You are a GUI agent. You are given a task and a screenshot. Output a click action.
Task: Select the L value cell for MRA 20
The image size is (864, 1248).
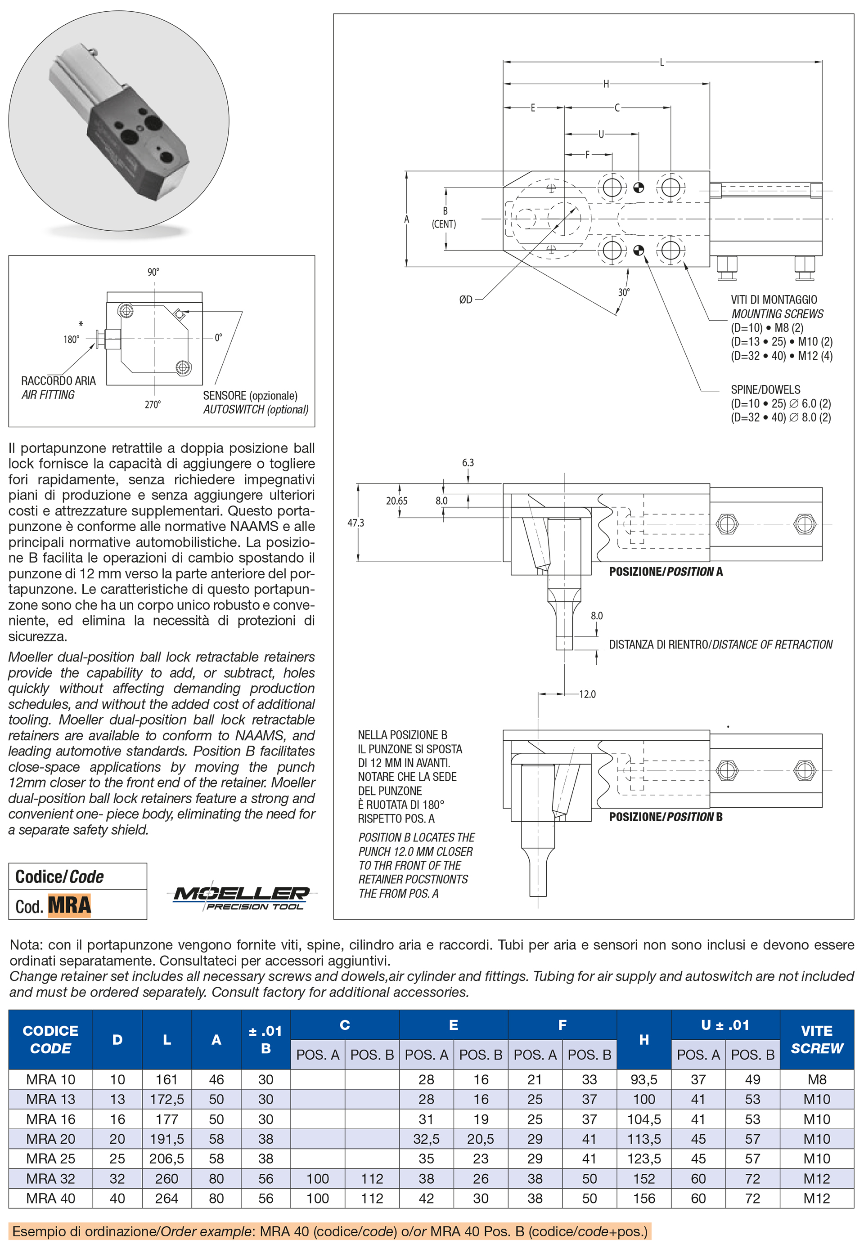167,1139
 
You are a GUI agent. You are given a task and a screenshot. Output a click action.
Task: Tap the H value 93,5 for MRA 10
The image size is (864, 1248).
643,1079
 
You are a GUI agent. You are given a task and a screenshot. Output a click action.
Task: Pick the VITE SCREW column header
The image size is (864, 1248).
816,1039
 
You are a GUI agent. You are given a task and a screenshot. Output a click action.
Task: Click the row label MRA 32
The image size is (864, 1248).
50,1178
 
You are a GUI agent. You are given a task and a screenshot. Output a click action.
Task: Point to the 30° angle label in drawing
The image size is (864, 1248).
624,292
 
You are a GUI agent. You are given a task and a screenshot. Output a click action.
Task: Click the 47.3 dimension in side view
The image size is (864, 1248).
355,523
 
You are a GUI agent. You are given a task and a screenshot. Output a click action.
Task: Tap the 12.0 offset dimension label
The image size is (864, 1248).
587,694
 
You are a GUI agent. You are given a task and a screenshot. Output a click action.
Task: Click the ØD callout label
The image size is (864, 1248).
466,300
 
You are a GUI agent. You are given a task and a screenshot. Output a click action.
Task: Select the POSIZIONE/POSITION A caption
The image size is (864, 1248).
665,571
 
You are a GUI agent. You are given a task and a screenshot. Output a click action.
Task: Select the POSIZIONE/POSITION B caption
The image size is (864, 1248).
665,817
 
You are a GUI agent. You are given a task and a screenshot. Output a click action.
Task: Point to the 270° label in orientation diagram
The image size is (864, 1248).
153,404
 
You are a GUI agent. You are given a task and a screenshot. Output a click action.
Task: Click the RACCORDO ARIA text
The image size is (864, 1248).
58,381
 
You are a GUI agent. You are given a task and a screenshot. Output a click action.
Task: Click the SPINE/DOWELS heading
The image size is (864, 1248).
765,389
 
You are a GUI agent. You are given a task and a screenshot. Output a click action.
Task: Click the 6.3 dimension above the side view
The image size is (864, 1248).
468,462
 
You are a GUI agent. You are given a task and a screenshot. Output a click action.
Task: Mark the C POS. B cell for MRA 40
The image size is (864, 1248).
372,1198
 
